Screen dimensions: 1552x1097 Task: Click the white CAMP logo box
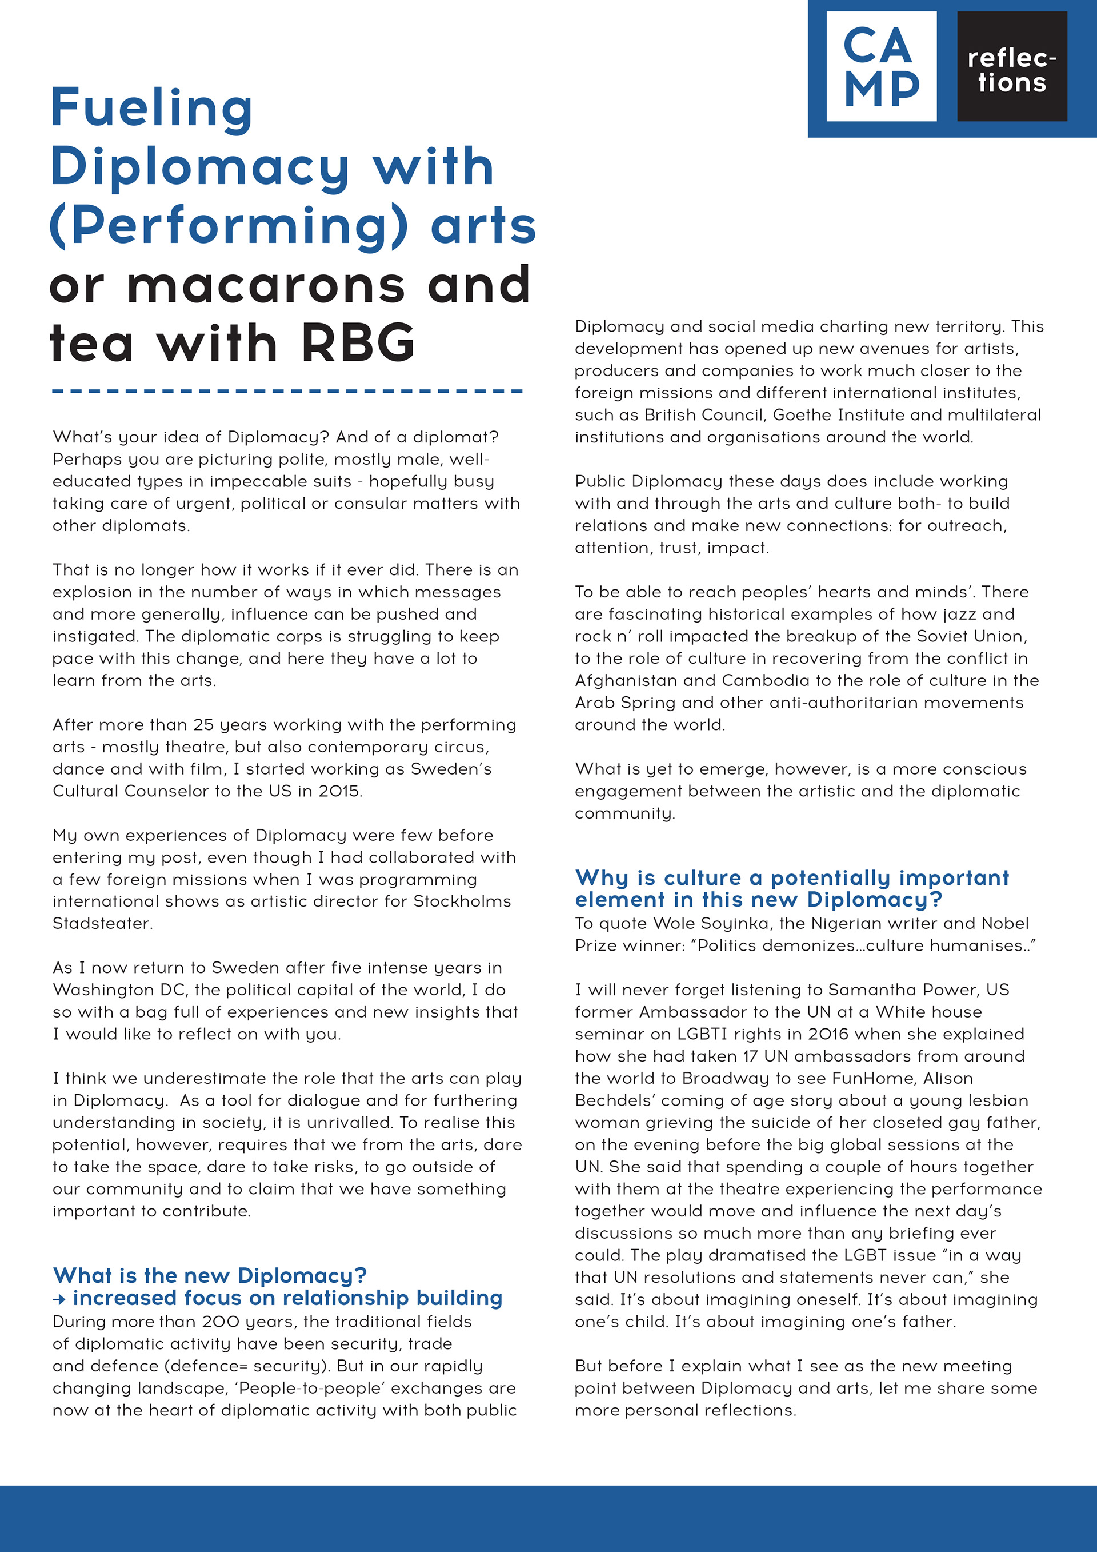pos(881,66)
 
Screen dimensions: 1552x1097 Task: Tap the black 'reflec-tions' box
pos(1011,66)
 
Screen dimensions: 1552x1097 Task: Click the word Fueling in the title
pos(151,108)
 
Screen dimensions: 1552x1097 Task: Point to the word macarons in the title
pos(266,285)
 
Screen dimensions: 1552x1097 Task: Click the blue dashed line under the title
pos(287,390)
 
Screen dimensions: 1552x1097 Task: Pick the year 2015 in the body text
pos(338,791)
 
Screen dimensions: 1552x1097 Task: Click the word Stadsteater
pos(103,923)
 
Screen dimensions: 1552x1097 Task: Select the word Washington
pos(104,990)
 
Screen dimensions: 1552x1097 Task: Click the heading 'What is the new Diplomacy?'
pos(210,1275)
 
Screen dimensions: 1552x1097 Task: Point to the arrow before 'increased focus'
pos(59,1299)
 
